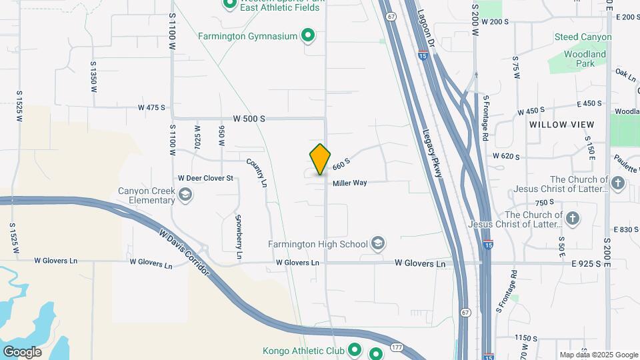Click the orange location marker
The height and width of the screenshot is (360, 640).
320,159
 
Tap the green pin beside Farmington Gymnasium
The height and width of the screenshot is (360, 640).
308,35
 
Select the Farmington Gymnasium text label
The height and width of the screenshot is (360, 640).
247,36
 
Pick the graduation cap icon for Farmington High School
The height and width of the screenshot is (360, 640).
379,243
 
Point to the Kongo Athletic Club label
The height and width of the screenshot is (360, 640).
303,350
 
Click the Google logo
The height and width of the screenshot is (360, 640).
22,352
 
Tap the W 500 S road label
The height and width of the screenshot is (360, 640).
249,119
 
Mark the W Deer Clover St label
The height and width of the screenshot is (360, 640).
205,179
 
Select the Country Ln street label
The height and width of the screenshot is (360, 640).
257,171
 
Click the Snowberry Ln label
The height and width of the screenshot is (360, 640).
239,237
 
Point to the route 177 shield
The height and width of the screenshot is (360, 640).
397,347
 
